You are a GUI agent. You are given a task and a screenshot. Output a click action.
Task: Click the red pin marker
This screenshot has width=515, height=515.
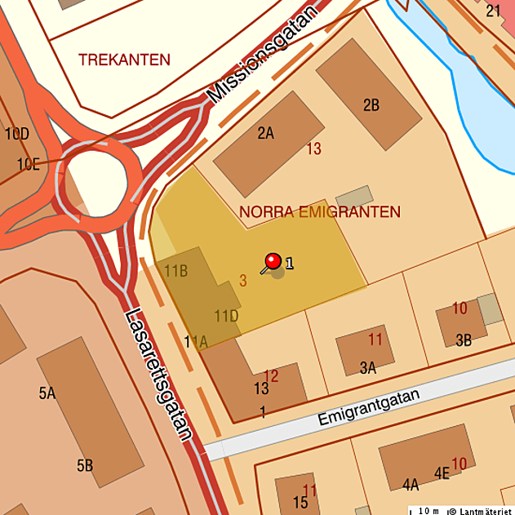pyautogui.click(x=273, y=261)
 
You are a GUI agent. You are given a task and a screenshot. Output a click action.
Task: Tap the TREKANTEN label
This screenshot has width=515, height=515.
pyautogui.click(x=124, y=60)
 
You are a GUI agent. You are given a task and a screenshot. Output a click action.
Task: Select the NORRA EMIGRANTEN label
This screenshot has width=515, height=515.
pyautogui.click(x=320, y=212)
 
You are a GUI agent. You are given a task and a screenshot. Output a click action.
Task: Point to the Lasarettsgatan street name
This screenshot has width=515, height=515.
pyautogui.click(x=158, y=375)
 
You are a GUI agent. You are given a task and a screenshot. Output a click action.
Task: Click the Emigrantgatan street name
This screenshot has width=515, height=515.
pyautogui.click(x=369, y=407)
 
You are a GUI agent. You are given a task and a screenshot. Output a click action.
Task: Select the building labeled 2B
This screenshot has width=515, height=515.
pyautogui.click(x=368, y=98)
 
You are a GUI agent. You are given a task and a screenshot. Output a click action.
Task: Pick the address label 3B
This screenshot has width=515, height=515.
pyautogui.click(x=464, y=340)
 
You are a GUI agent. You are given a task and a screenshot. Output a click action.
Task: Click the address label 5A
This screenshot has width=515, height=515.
pyautogui.click(x=47, y=393)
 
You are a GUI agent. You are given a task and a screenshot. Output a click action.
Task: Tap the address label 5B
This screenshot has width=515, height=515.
pyautogui.click(x=85, y=466)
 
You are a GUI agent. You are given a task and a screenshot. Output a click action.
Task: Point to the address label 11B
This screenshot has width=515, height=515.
pyautogui.click(x=176, y=270)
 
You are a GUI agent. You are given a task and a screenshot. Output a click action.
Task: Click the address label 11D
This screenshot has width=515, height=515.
pyautogui.click(x=226, y=315)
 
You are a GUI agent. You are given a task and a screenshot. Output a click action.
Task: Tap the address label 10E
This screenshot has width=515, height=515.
pyautogui.click(x=28, y=164)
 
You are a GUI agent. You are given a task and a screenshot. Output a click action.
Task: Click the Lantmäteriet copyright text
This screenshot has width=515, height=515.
pyautogui.click(x=481, y=511)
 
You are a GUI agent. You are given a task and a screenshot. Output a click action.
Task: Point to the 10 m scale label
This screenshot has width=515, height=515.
pyautogui.click(x=428, y=511)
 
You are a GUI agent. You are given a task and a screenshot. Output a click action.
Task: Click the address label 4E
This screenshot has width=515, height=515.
pyautogui.click(x=442, y=473)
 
